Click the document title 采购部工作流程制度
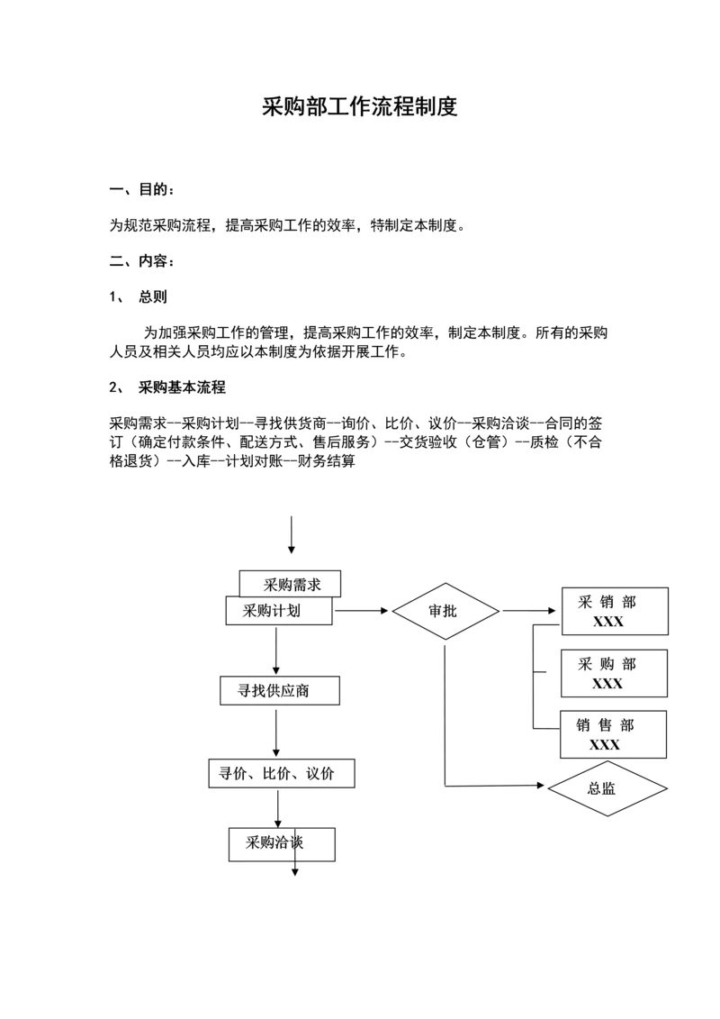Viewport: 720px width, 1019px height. click(x=360, y=107)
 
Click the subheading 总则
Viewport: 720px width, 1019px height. click(x=152, y=296)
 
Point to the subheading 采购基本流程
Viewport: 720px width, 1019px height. click(x=181, y=387)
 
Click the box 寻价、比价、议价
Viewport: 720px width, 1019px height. click(x=280, y=773)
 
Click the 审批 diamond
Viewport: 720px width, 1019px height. click(x=445, y=611)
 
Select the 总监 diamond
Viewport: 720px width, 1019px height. click(x=607, y=788)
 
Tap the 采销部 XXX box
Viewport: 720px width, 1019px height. click(x=614, y=612)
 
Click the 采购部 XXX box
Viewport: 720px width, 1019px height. click(x=614, y=673)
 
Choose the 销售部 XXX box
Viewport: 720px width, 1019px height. click(x=613, y=734)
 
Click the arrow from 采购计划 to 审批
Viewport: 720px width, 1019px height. click(x=363, y=611)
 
